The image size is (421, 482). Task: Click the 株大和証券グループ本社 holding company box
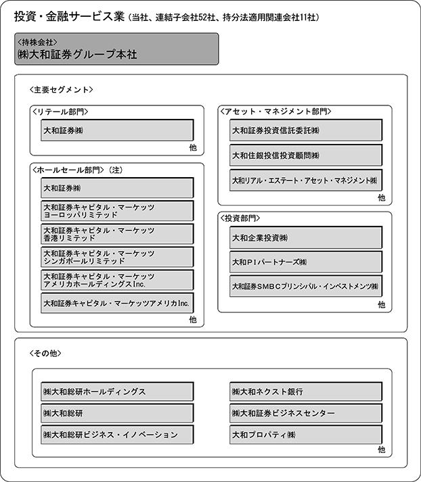coord(116,49)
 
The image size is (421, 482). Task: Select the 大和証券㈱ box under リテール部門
coord(117,130)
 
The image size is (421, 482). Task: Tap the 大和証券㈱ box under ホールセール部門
coord(117,187)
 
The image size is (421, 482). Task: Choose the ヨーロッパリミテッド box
coord(117,210)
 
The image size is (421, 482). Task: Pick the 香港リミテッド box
coord(117,234)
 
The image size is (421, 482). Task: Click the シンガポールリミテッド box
coord(117,257)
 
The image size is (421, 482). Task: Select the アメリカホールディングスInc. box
coord(117,280)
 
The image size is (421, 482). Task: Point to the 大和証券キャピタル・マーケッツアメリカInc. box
coord(117,304)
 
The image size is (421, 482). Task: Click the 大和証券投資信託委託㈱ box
coord(305,130)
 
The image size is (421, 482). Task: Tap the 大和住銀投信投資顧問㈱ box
coord(305,155)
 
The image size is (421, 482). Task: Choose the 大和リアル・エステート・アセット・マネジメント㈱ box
coord(305,180)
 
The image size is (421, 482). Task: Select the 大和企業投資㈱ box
coord(305,237)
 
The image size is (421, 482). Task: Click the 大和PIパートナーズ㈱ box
coord(305,262)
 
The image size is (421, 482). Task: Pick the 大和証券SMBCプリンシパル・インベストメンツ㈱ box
coord(305,286)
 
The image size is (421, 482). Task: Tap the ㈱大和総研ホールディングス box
coord(117,391)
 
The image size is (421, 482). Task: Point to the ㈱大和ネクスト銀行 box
coord(305,391)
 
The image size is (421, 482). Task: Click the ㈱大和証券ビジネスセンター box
coord(305,412)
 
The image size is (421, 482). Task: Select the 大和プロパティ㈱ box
coord(305,434)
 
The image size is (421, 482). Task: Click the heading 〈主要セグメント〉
coord(62,89)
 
